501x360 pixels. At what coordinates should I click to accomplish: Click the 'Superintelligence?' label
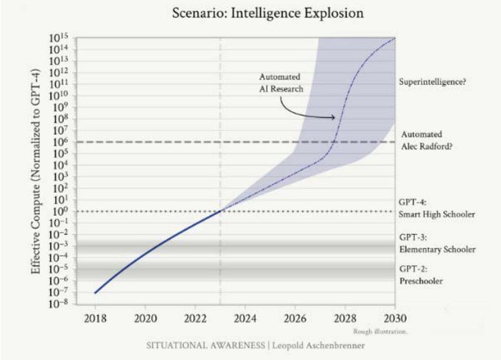click(432, 82)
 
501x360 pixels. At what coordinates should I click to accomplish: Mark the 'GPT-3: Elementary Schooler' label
click(436, 244)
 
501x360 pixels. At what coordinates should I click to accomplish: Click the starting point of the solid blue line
click(95, 292)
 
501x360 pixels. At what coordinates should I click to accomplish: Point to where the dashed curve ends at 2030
click(396, 38)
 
